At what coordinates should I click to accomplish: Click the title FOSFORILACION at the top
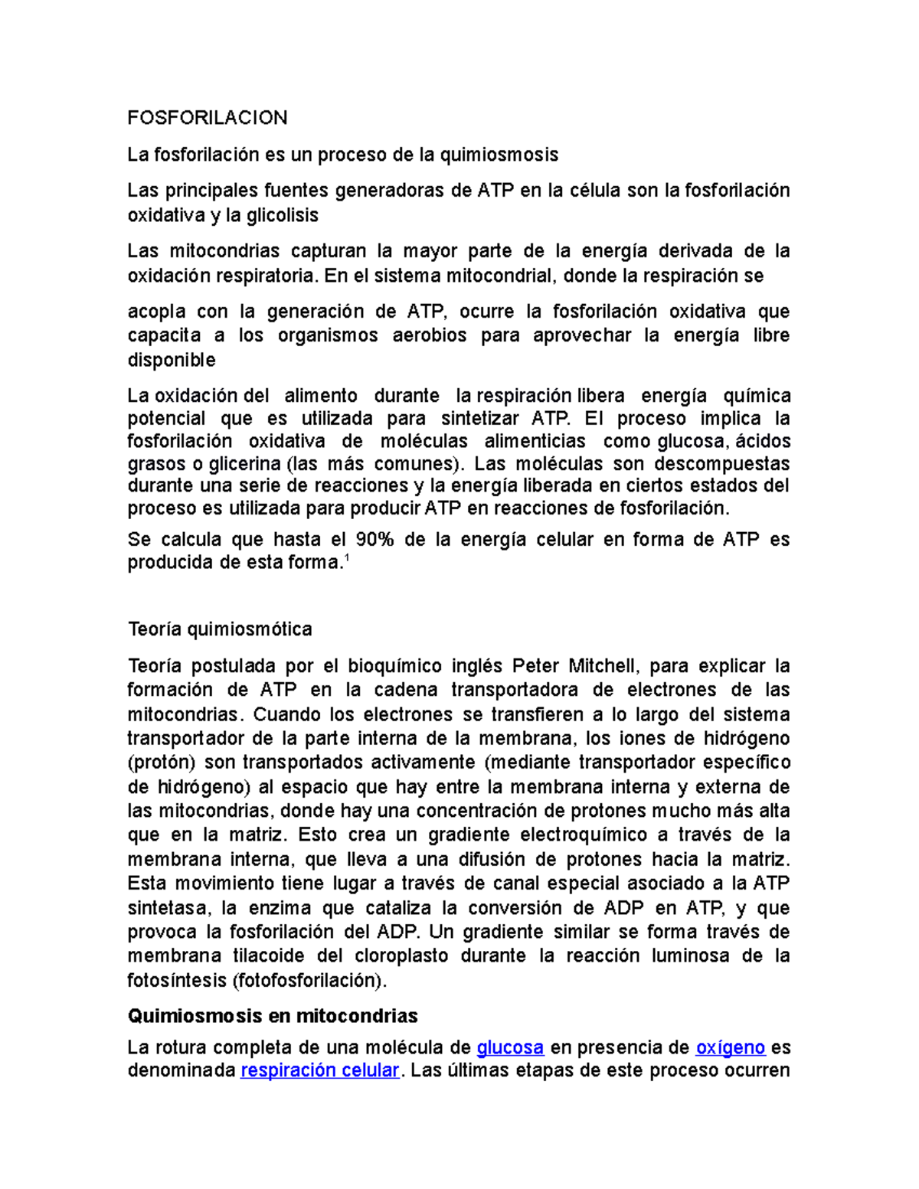(x=207, y=118)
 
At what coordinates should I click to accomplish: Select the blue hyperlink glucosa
(x=510, y=1047)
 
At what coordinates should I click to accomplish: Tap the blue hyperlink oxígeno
(x=730, y=1047)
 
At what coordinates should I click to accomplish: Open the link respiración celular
(x=319, y=1070)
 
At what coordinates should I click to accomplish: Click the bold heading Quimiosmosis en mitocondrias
(x=272, y=1016)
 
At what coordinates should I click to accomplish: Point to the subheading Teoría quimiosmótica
(x=220, y=629)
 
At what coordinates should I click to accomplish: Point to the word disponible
(x=172, y=360)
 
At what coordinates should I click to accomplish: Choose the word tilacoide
(x=267, y=955)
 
